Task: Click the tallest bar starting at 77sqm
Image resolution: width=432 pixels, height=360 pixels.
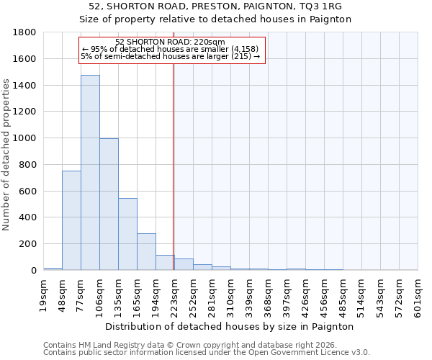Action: (90, 173)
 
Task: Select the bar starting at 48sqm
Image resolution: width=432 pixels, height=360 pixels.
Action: (71, 220)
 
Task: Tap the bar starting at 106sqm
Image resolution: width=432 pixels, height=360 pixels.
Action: (109, 204)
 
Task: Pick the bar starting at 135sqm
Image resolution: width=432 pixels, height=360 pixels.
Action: (127, 234)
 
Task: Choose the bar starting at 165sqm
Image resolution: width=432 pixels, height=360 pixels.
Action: (146, 252)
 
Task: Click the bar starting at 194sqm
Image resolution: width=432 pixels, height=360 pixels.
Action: (165, 263)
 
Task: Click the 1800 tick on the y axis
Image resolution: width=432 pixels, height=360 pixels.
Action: (25, 32)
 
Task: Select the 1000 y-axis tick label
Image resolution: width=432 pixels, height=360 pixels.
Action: (25, 138)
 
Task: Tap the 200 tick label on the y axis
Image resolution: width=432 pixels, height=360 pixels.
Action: (28, 244)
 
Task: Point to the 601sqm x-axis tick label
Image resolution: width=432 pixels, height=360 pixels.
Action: (418, 295)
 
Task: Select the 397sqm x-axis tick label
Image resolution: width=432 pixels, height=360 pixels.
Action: (287, 295)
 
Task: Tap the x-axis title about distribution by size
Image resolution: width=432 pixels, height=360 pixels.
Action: (230, 326)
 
